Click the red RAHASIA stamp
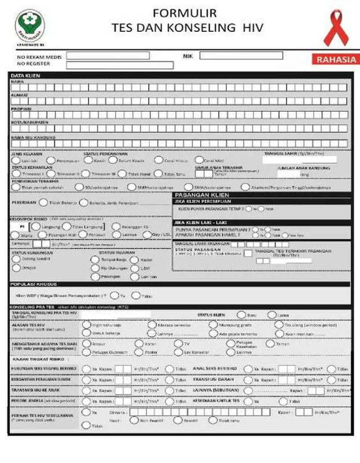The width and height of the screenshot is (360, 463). click(x=333, y=59)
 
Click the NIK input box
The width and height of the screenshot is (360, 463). click(x=241, y=56)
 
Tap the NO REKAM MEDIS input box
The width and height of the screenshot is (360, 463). click(x=108, y=56)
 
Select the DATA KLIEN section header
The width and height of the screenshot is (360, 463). click(x=26, y=76)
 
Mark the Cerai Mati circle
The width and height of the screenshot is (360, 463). click(x=199, y=160)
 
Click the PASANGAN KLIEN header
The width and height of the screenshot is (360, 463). click(x=197, y=196)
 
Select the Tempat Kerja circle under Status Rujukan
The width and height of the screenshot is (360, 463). click(x=96, y=260)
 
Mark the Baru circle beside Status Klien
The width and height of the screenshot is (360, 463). click(x=241, y=314)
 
